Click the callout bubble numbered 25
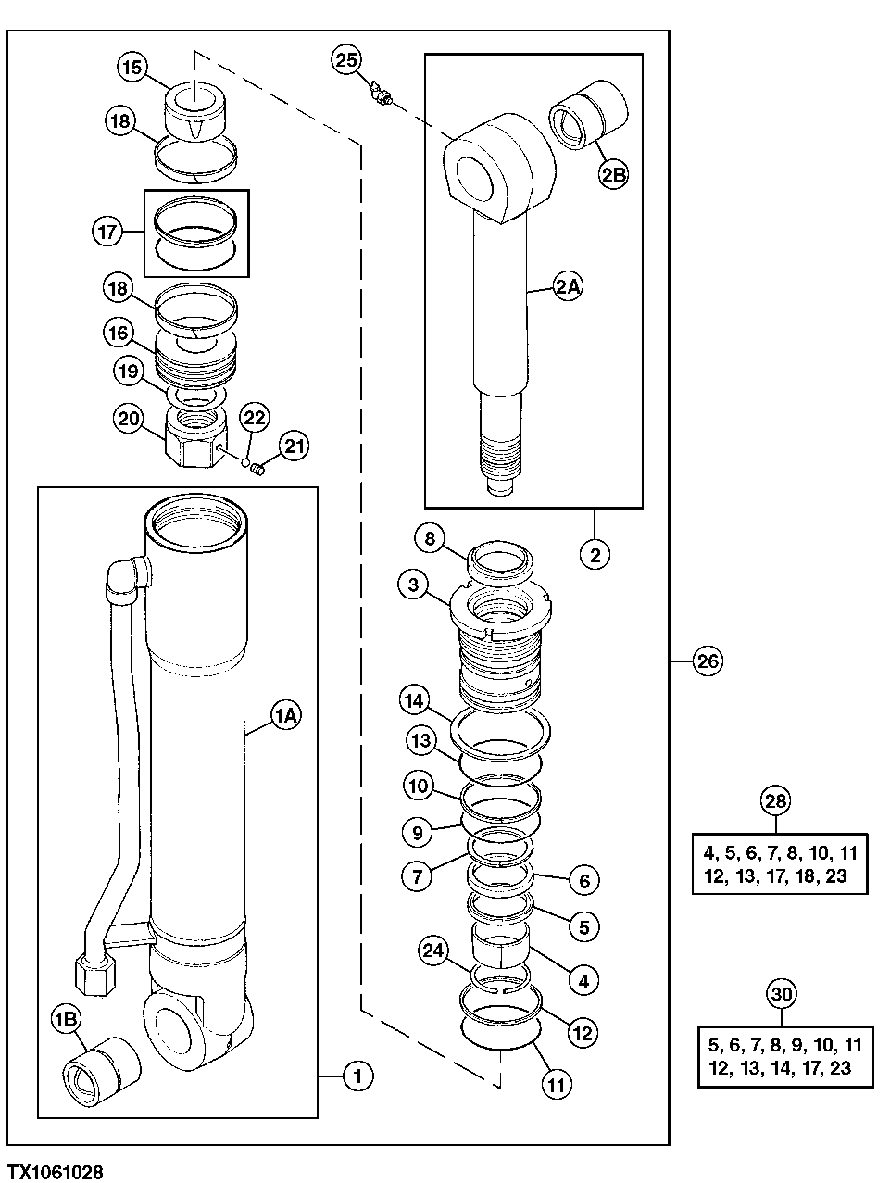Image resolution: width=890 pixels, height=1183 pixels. [x=345, y=61]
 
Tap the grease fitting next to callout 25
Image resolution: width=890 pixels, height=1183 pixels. [x=380, y=93]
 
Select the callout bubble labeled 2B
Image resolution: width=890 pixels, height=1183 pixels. [x=613, y=175]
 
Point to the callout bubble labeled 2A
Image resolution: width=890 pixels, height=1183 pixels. [x=568, y=287]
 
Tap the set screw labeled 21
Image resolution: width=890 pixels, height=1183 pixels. [x=258, y=470]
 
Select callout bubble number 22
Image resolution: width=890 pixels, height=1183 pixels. [x=255, y=418]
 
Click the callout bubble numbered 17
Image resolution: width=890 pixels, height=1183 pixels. [x=107, y=231]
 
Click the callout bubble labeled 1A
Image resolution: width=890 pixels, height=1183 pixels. [x=285, y=714]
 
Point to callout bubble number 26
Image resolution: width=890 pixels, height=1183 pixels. [x=708, y=661]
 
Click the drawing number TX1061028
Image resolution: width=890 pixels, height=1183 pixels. [x=54, y=1172]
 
